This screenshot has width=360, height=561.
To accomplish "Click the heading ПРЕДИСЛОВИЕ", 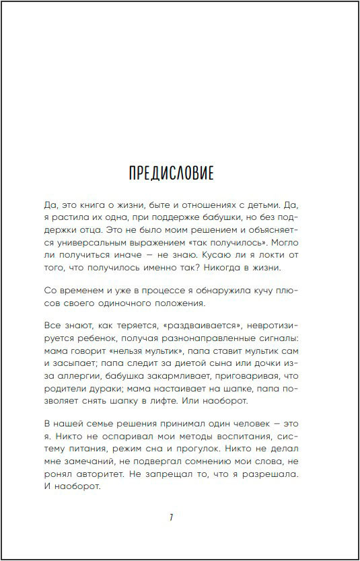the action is click(171, 173).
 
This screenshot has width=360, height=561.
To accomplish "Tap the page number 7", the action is click(172, 517).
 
